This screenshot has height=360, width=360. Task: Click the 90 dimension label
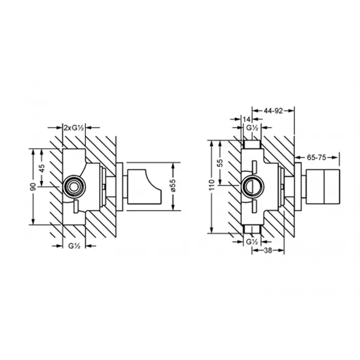[33, 187]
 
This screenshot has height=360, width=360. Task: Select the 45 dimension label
[42, 168]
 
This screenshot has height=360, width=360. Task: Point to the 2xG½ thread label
[74, 128]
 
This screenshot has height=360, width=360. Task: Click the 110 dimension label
[212, 185]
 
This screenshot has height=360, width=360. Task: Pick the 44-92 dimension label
[273, 111]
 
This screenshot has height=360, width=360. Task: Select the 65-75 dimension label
[316, 157]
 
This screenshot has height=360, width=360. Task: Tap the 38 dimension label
[268, 250]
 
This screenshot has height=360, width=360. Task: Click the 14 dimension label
[246, 119]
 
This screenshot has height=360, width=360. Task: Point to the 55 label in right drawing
[220, 163]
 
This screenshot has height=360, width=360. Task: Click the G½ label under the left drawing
[74, 246]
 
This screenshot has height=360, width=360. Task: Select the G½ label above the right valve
[252, 128]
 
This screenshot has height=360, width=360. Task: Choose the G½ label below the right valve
[252, 242]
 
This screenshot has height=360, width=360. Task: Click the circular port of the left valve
[74, 187]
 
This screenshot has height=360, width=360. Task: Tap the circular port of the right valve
[253, 187]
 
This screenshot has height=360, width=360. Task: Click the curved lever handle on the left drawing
[144, 186]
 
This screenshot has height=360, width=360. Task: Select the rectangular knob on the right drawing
[323, 186]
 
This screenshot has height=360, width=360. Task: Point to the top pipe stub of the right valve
[252, 145]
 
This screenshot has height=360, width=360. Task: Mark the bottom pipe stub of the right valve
[252, 229]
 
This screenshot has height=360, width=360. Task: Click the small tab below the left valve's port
[76, 206]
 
